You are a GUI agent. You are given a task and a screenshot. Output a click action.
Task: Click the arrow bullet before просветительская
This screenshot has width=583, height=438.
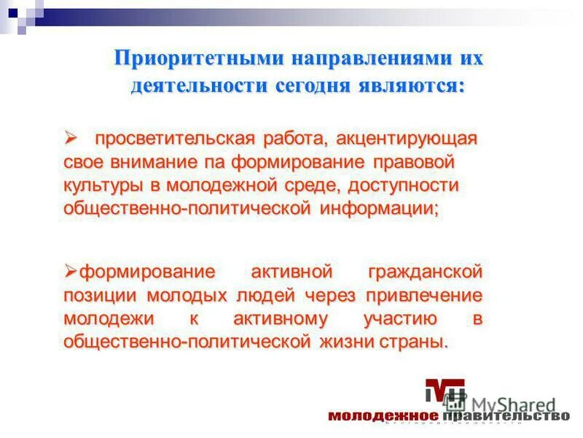click(x=71, y=137)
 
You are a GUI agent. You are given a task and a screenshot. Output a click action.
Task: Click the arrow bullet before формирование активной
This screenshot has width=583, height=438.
click(x=71, y=272)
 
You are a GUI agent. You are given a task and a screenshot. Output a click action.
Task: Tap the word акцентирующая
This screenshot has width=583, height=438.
click(x=394, y=138)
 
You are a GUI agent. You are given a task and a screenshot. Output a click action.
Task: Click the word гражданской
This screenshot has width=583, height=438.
click(x=426, y=272)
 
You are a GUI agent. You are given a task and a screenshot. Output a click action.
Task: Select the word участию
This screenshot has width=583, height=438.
click(x=400, y=319)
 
